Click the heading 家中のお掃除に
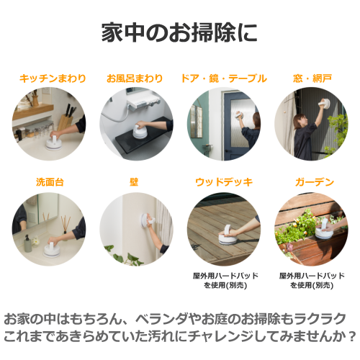click(179, 32)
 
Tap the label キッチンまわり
click(53, 78)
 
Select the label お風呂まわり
click(135, 78)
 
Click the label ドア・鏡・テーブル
click(224, 78)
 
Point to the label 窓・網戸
click(312, 78)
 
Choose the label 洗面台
click(50, 182)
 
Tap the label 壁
click(134, 182)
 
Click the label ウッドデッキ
click(224, 182)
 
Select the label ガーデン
click(315, 182)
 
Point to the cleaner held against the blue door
click(240, 115)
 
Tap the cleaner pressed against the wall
click(147, 219)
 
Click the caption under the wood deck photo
click(225, 280)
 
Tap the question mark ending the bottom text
click(352, 337)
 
